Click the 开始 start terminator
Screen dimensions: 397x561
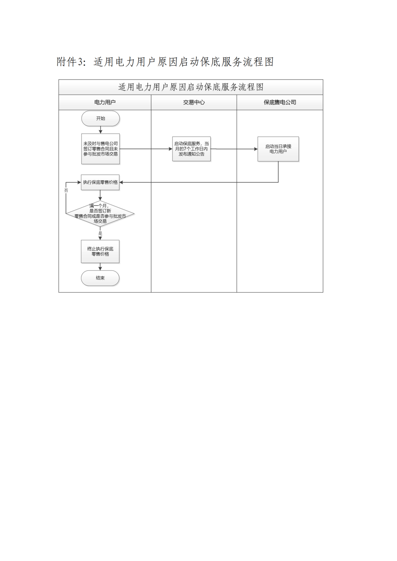100,119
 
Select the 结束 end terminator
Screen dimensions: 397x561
100,278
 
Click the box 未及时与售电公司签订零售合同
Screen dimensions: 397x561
100,149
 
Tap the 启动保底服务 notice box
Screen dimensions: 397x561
191,149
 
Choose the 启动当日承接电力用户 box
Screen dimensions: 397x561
278,149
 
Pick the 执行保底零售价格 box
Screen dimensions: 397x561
100,182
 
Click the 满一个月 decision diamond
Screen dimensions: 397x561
100,213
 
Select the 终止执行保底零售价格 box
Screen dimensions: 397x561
100,251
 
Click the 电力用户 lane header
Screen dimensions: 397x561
105,103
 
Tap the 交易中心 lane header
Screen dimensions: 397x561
194,103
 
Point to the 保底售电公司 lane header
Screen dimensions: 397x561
280,103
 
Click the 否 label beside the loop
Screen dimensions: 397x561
66,190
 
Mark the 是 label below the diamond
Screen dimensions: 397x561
100,233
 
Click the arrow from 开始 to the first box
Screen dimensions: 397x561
100,130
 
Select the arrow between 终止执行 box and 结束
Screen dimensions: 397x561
100,267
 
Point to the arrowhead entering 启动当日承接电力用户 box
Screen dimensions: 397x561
255,149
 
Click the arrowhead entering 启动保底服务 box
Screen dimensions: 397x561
170,149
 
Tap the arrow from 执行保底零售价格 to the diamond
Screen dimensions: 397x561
100,195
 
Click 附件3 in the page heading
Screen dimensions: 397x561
71,62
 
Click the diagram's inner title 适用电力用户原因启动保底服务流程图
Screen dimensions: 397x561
191,87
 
